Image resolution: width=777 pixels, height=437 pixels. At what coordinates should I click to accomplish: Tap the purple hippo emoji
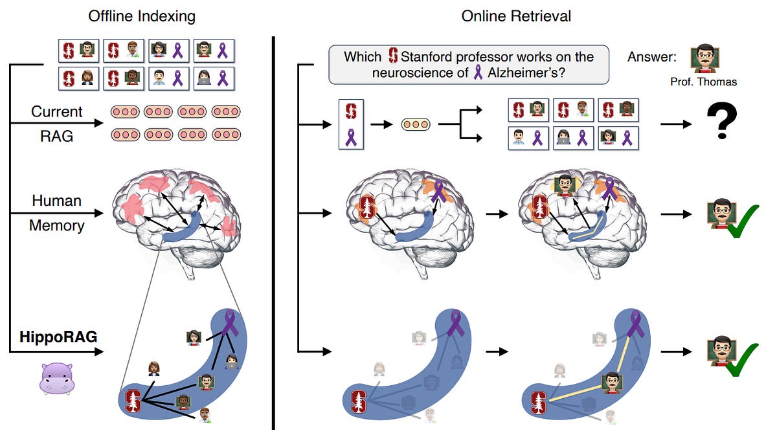coord(57,378)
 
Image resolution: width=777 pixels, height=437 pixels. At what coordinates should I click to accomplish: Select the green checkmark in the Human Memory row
coord(742,221)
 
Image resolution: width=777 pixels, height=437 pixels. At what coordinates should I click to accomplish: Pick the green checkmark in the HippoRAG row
coord(742,360)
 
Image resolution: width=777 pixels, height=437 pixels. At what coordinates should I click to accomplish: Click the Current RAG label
coord(57,123)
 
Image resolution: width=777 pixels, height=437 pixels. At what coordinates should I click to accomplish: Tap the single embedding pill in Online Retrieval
coord(416,124)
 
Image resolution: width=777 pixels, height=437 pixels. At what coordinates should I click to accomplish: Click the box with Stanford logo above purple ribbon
coord(351,125)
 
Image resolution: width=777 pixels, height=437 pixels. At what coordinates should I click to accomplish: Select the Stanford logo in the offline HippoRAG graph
coord(133,401)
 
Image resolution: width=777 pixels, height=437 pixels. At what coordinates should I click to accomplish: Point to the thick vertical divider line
coord(273,233)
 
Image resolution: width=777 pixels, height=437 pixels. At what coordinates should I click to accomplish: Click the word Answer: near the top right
coord(651,57)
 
